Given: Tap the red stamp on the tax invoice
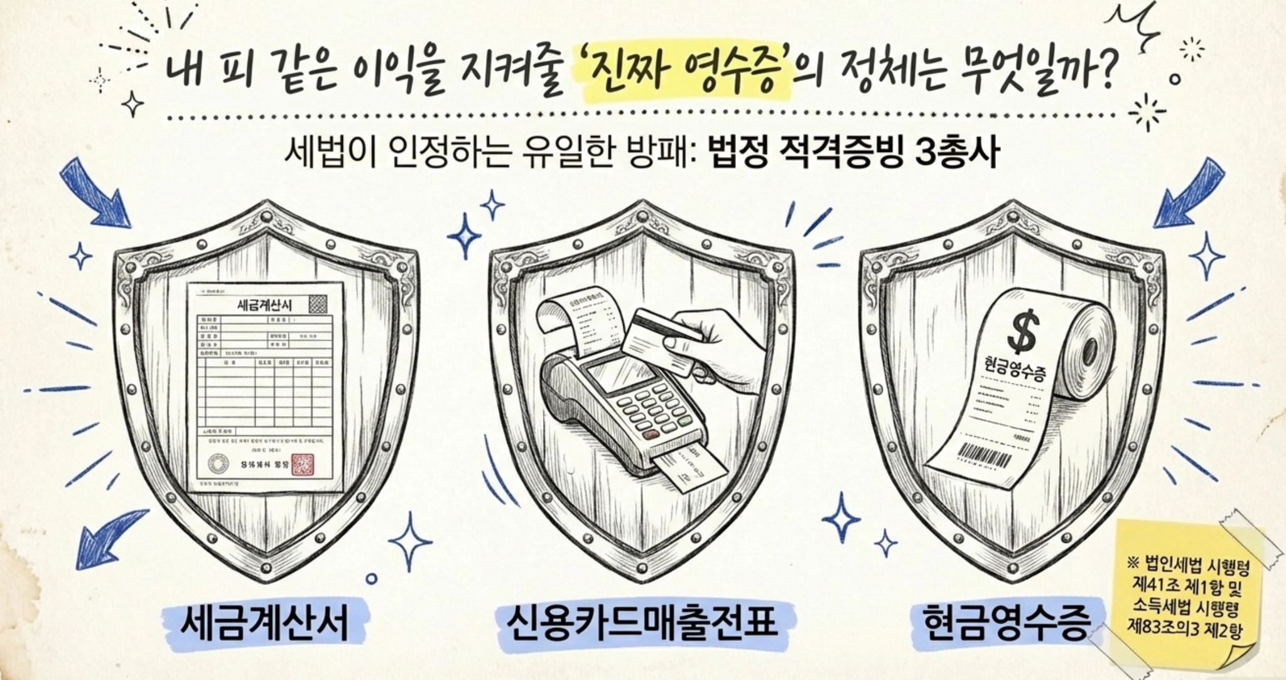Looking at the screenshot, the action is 303,465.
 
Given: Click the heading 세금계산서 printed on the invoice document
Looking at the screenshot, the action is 265,305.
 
